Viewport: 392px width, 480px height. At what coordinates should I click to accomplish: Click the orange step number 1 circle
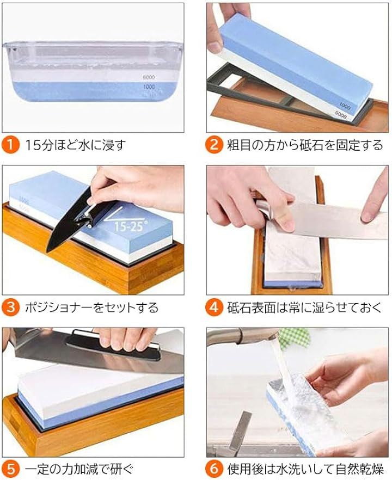tap(10, 144)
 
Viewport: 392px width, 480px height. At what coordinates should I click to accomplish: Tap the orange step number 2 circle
tap(214, 144)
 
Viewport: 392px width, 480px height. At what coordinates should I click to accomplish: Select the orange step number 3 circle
tap(10, 307)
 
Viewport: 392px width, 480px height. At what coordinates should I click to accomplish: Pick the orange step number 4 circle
tap(214, 307)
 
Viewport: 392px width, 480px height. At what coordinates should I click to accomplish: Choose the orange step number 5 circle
tap(10, 469)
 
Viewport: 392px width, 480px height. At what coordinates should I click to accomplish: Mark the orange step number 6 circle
tap(214, 469)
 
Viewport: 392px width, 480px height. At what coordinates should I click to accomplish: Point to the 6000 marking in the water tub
tap(149, 77)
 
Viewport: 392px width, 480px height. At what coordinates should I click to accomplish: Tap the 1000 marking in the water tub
tap(149, 87)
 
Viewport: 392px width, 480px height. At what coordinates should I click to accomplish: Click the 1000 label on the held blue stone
tap(345, 106)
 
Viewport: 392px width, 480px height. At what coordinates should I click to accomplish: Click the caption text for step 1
tap(75, 145)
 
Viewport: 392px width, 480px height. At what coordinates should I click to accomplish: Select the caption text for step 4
tap(304, 307)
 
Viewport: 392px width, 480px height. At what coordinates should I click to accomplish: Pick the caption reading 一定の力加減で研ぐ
tap(79, 469)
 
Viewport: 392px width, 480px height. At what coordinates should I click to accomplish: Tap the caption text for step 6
tap(305, 469)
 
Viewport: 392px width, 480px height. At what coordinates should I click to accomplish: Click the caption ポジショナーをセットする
tap(91, 307)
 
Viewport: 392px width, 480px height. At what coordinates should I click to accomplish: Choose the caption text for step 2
tap(305, 145)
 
